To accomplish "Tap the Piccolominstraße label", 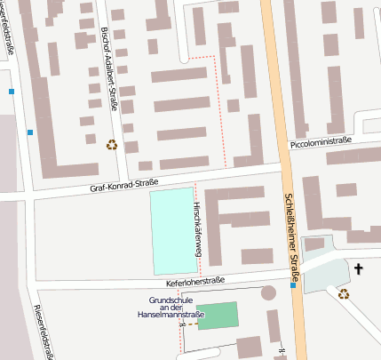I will pos(321,142).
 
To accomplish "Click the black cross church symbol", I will pos(359,268).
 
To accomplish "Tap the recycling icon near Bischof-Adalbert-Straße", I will pos(112,144).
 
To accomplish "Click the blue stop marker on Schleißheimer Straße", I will pos(293,286).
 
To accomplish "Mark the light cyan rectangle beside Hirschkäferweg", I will pos(171,231).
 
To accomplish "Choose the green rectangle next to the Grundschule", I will pos(218,316).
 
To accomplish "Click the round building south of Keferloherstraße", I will pos(269,293).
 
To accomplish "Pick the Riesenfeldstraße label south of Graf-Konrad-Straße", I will pos(41,332).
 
